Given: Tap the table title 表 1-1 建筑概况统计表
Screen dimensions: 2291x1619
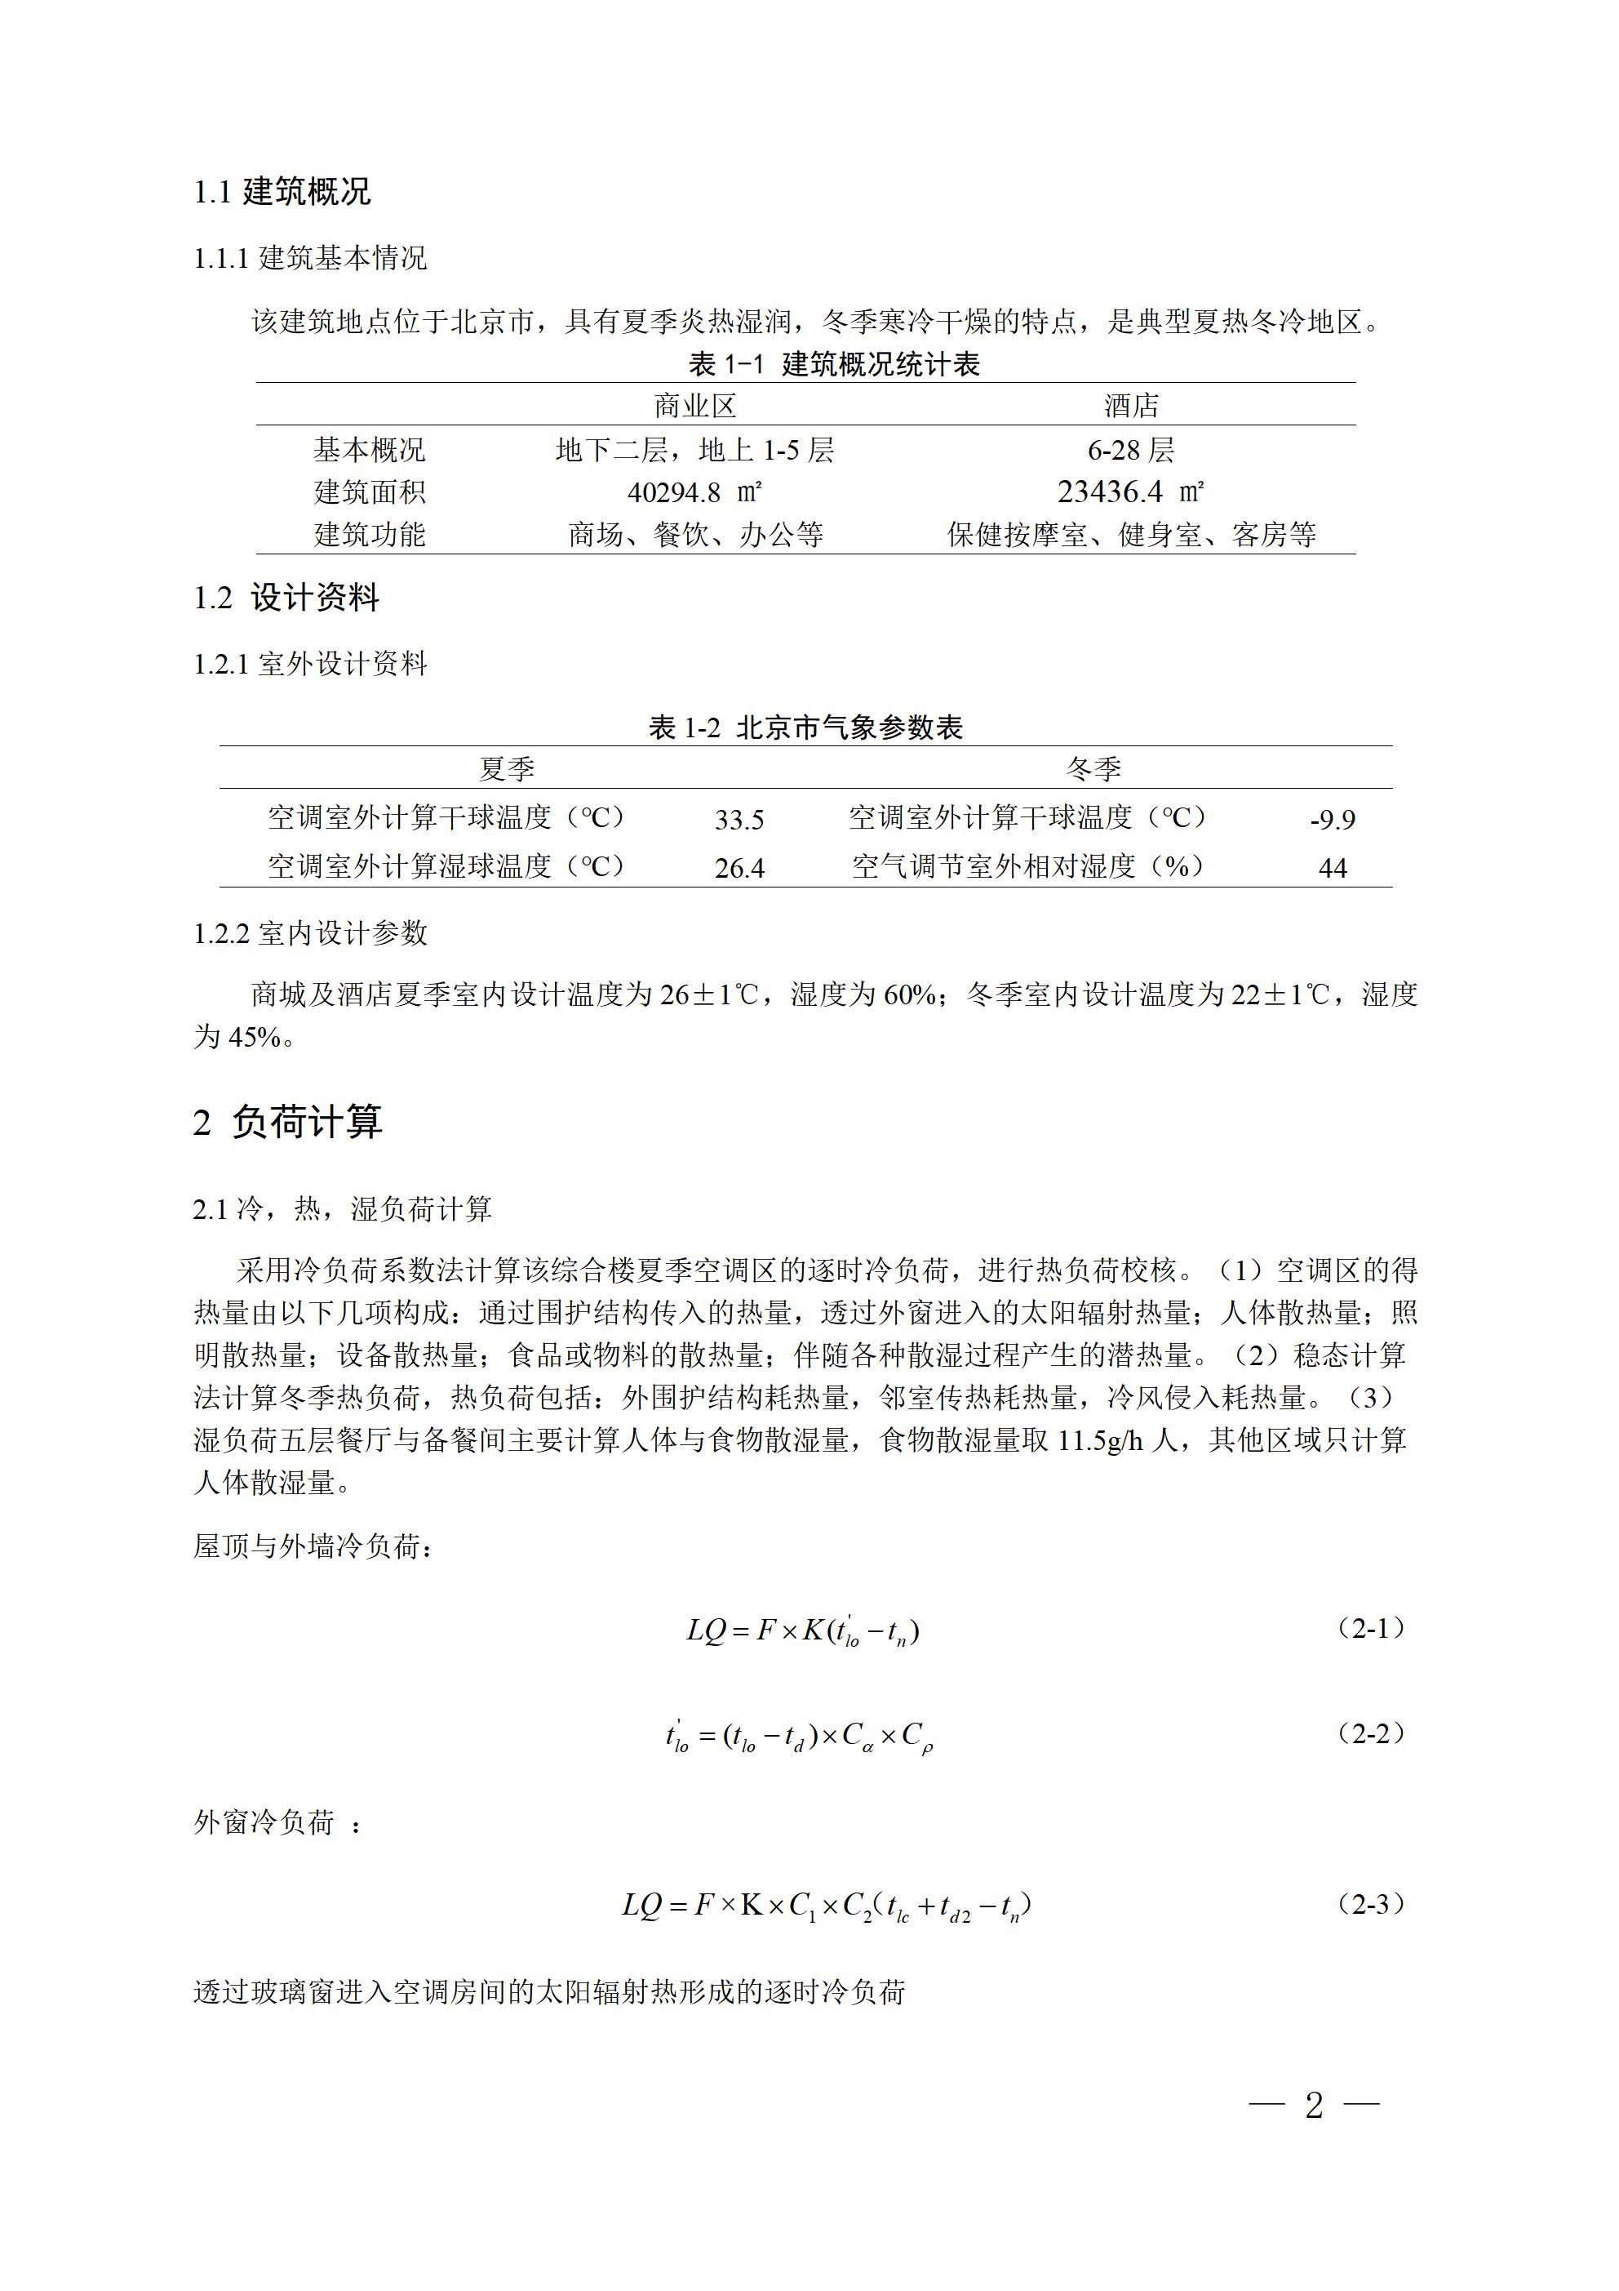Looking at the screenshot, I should coord(834,364).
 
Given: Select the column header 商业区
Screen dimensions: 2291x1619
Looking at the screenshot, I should coord(694,406).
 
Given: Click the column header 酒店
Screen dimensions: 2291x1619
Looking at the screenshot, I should coord(1131,406).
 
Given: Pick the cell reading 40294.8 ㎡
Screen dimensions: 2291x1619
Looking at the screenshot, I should coord(694,492).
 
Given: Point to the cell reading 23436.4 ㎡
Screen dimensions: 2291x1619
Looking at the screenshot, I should coord(1130,492).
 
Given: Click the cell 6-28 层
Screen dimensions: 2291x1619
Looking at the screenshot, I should coord(1130,450).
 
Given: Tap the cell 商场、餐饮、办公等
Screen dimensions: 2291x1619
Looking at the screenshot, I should coord(695,535).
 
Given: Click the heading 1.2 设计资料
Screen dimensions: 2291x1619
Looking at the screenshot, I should coord(286,598).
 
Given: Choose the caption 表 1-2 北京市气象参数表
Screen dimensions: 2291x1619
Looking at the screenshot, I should coord(806,727).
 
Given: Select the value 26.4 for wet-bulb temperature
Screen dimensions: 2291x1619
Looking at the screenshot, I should coord(739,868).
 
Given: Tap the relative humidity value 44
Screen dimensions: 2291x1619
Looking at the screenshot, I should coord(1332,868).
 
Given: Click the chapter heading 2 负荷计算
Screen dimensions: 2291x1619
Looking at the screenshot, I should coord(287,1122).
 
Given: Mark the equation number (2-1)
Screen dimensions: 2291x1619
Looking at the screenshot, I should coord(1371,1629).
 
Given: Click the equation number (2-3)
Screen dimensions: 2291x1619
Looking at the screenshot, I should coord(1371,1904).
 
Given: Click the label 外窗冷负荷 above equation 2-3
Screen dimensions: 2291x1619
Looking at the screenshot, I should coord(264,1822).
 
